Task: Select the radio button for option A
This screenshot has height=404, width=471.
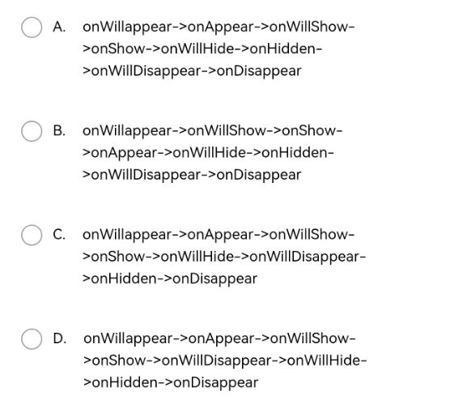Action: tap(32, 27)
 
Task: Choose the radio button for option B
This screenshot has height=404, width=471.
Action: tap(32, 131)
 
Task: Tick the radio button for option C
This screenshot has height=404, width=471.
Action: tap(32, 235)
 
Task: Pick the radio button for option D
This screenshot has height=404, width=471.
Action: tap(32, 338)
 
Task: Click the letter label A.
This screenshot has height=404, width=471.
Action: tap(59, 27)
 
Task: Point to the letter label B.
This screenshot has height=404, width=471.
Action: tap(59, 131)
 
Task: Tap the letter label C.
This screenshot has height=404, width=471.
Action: tap(59, 235)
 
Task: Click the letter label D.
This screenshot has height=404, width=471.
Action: tap(59, 338)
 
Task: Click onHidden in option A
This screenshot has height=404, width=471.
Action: tap(282, 49)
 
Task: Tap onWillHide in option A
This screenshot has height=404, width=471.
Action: tap(197, 49)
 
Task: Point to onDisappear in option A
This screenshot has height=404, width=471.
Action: tap(259, 71)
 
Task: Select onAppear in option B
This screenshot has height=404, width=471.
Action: tap(124, 153)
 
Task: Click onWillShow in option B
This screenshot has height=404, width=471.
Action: tap(227, 131)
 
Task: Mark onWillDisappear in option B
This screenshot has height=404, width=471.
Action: tap(146, 175)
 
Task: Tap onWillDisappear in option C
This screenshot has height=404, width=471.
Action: tap(304, 257)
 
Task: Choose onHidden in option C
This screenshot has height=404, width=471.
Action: tap(123, 279)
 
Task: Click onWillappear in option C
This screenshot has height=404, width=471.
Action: tap(127, 235)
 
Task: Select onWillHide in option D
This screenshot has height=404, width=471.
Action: tap(323, 360)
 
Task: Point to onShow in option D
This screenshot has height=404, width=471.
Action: tap(119, 360)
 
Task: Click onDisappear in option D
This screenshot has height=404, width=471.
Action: tap(216, 383)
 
